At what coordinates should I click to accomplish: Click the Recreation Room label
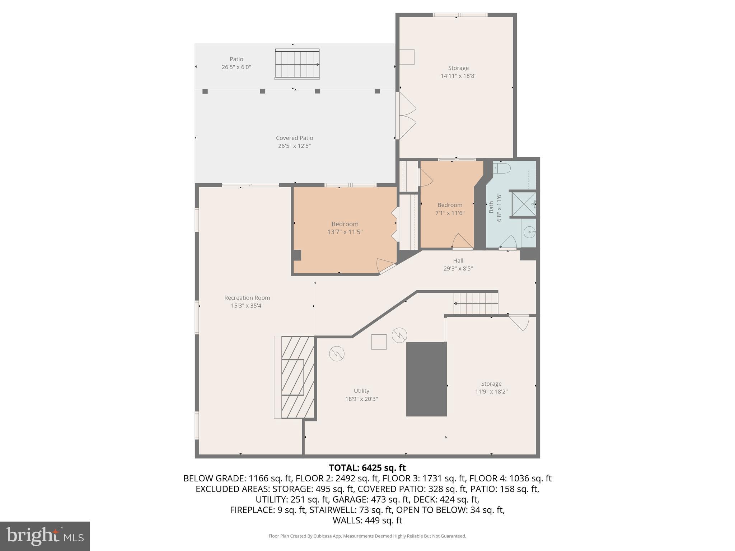pyautogui.click(x=247, y=298)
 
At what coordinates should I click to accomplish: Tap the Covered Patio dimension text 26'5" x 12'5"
pyautogui.click(x=294, y=146)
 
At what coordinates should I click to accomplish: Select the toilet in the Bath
pyautogui.click(x=502, y=168)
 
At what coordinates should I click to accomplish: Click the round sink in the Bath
pyautogui.click(x=529, y=232)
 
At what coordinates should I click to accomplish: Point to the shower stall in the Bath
pyautogui.click(x=524, y=204)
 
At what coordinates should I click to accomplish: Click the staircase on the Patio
pyautogui.click(x=297, y=65)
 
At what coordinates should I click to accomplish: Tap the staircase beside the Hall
pyautogui.click(x=476, y=303)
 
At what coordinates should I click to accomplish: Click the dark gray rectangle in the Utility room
pyautogui.click(x=426, y=379)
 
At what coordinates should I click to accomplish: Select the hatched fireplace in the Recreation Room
pyautogui.click(x=298, y=377)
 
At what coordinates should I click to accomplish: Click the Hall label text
pyautogui.click(x=458, y=261)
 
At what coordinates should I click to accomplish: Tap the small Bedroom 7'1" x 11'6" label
pyautogui.click(x=450, y=205)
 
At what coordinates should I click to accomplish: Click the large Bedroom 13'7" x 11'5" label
pyautogui.click(x=345, y=224)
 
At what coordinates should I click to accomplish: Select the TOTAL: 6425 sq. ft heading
pyautogui.click(x=367, y=468)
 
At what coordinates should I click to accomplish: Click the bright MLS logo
pyautogui.click(x=45, y=536)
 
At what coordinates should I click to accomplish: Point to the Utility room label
pyautogui.click(x=361, y=391)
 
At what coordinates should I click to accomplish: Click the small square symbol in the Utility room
pyautogui.click(x=379, y=342)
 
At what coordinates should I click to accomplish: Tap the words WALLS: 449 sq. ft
pyautogui.click(x=367, y=521)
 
